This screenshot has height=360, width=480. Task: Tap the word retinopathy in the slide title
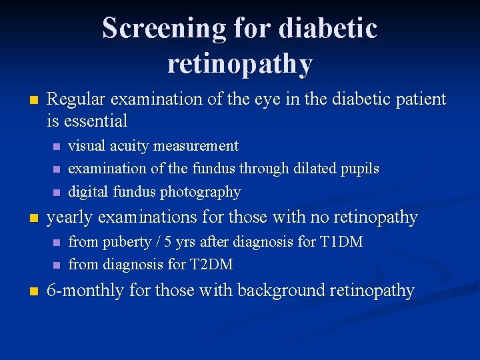(240, 63)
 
